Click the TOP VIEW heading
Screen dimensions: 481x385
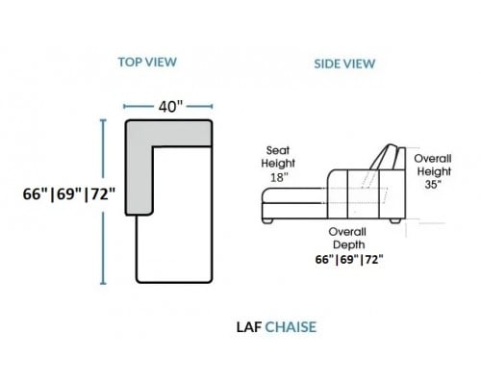click(x=147, y=62)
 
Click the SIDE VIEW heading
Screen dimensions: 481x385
click(x=344, y=64)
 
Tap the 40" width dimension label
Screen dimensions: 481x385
click(x=170, y=107)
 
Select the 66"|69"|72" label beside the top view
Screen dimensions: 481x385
click(x=69, y=194)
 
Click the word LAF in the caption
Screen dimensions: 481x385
click(x=249, y=327)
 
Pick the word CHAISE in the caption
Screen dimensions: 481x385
click(x=291, y=327)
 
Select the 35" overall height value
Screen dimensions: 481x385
click(x=433, y=185)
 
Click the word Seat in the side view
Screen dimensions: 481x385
click(x=278, y=150)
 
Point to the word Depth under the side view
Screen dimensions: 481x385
click(x=349, y=244)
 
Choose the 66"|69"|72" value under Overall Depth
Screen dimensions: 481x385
click(x=349, y=259)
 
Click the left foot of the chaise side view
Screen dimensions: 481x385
click(x=267, y=221)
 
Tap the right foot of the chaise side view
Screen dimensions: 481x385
click(x=395, y=221)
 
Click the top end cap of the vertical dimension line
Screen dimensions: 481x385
click(x=103, y=119)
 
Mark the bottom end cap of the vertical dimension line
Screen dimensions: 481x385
click(x=103, y=283)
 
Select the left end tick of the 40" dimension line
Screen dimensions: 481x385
click(x=124, y=106)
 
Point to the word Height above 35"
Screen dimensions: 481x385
click(x=434, y=171)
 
